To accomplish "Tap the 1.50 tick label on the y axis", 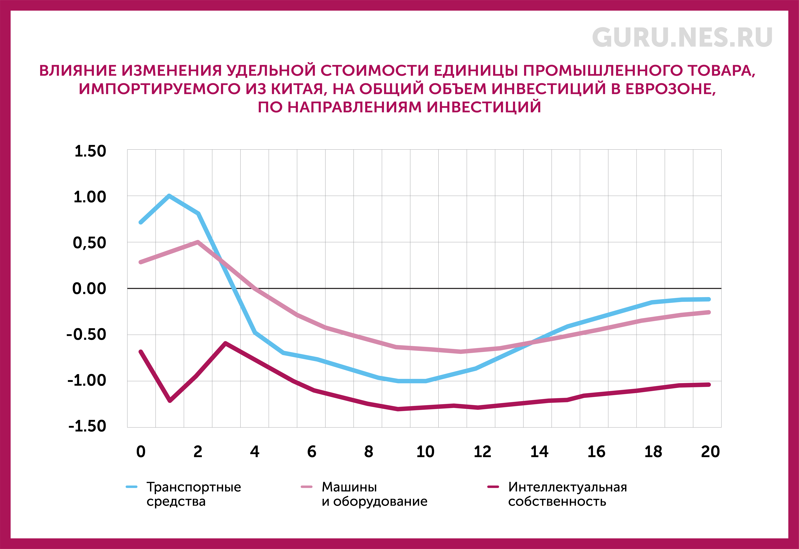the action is (90, 151).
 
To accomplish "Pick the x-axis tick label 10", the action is (426, 452).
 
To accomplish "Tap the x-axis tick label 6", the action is (312, 452).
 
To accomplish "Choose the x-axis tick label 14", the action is (539, 452).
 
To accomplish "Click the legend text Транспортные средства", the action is (194, 494).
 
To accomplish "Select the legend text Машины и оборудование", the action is (375, 494).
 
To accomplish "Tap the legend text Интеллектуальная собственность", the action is (568, 494).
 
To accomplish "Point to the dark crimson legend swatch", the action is (493, 487).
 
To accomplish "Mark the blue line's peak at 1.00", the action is (169, 196).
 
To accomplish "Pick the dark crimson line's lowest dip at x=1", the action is (170, 400).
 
